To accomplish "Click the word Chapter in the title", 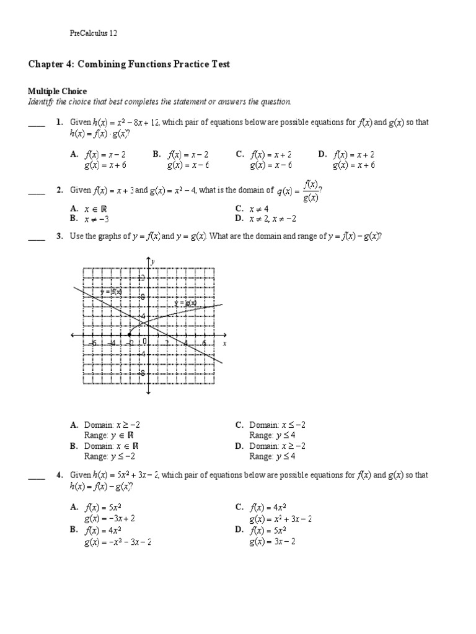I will tap(44, 64).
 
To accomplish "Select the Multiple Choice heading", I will tap(58, 92).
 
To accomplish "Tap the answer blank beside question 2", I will tap(37, 192).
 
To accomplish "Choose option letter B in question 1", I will tap(156, 155).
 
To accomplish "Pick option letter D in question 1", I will tap(322, 155).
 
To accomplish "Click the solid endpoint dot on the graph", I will tap(129, 335).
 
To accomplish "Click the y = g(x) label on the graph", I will tap(185, 303).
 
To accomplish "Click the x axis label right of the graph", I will tap(224, 342).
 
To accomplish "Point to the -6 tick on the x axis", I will tap(92, 342).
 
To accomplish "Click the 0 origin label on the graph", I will tap(144, 341).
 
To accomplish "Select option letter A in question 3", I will tap(73, 425).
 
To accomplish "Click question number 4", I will tap(59, 475).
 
